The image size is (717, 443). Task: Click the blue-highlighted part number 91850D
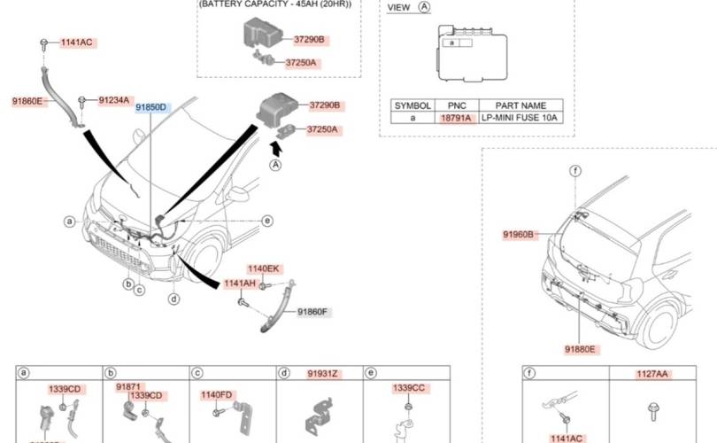coord(150,107)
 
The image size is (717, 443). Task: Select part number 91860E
coord(27,102)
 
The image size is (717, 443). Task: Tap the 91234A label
coord(113,100)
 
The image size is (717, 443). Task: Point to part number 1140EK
coord(263,268)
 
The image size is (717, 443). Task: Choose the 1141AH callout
coord(239,284)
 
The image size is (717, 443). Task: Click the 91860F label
coord(312,312)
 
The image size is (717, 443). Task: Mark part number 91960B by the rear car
coord(519,235)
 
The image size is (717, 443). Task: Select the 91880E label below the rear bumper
coord(579,351)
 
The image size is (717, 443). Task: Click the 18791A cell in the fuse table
coord(457,118)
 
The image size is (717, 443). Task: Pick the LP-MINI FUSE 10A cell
coord(521,118)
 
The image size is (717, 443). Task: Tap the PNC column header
coord(457,105)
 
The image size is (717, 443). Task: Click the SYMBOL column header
coord(412,105)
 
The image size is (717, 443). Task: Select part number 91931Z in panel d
coord(322,374)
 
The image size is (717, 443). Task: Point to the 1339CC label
coord(409,388)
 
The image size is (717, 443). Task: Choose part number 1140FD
coord(216,394)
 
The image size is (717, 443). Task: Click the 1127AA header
coord(651,375)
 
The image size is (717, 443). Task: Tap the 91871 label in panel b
coord(128,387)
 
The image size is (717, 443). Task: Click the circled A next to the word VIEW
coord(424,7)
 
